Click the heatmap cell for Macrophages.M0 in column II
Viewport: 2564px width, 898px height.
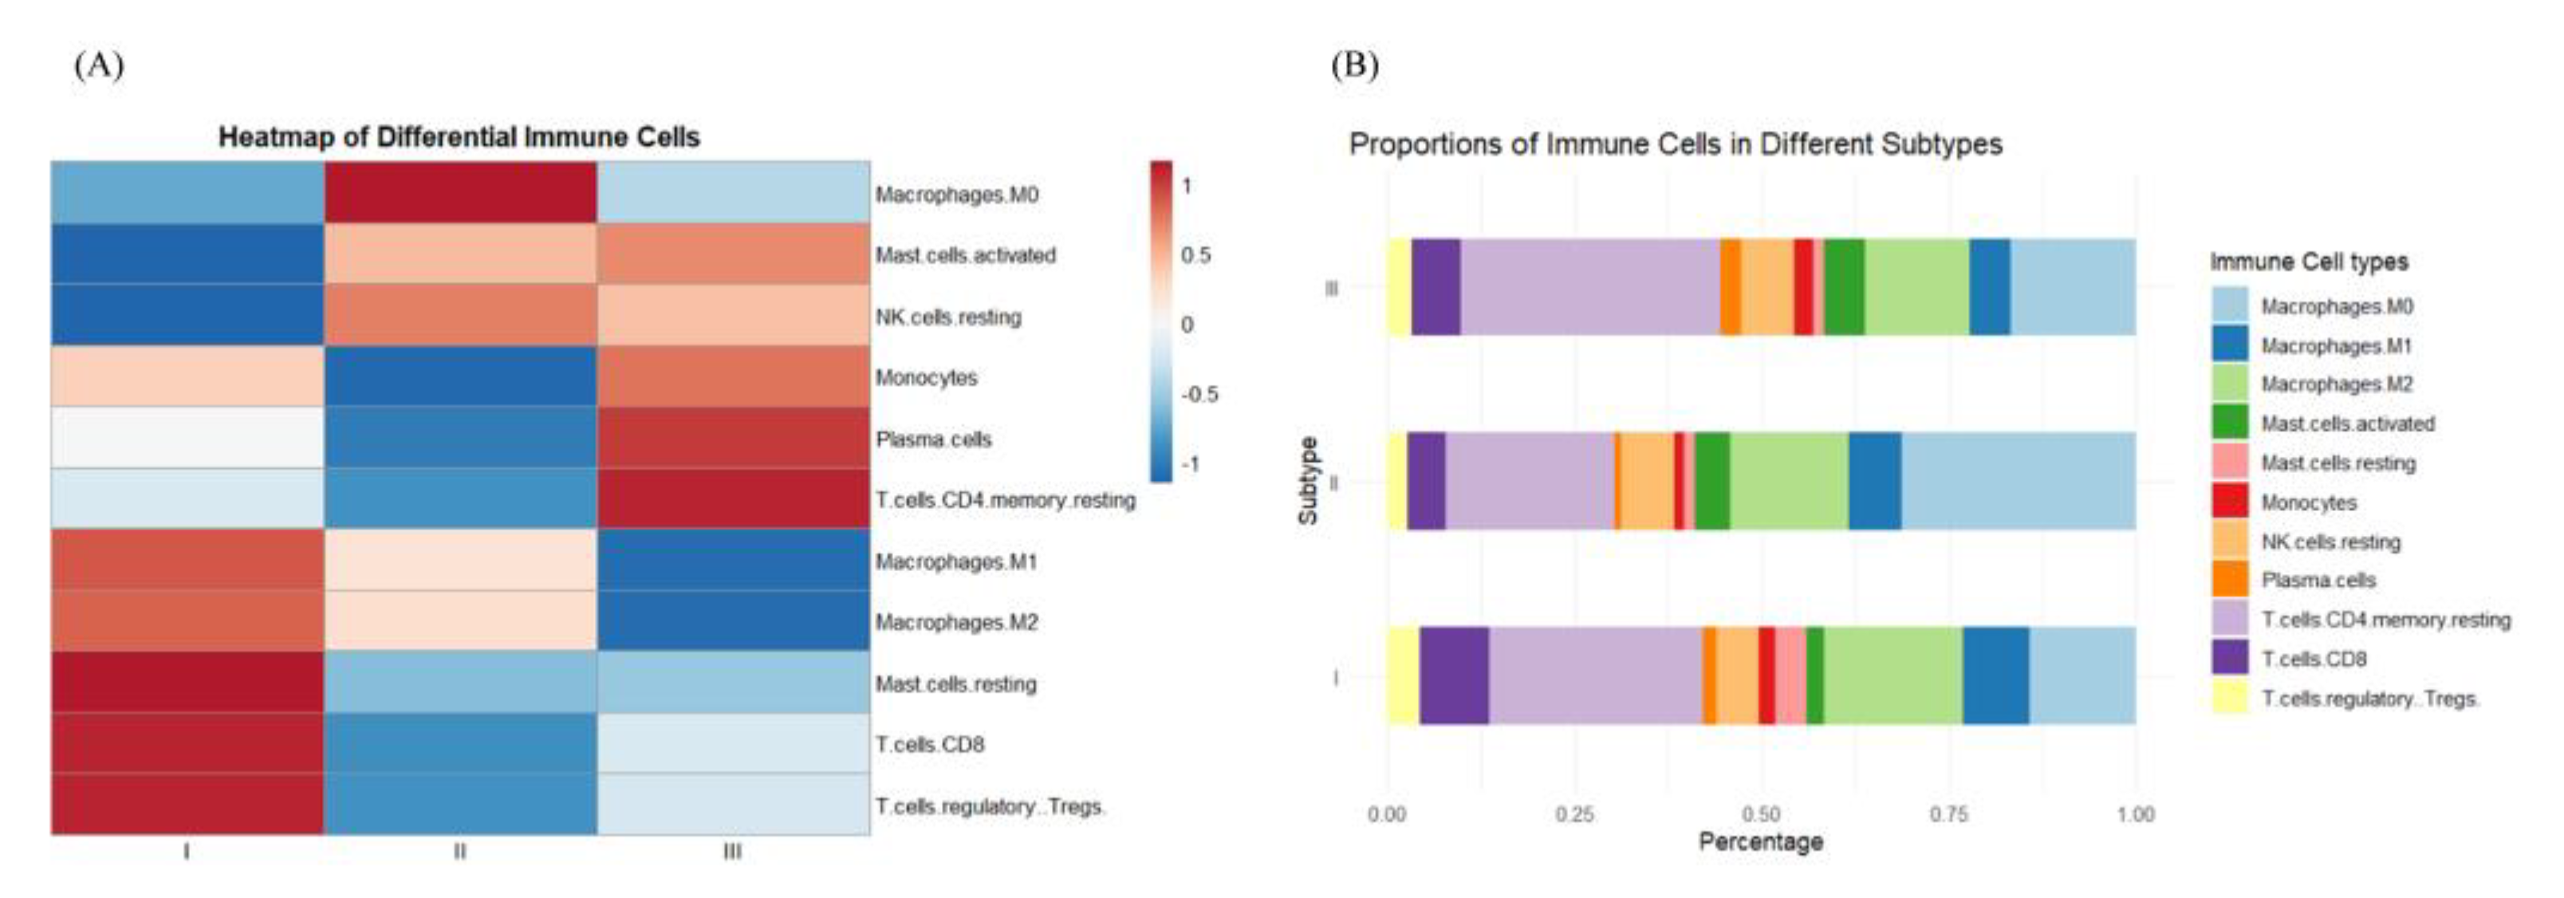pyautogui.click(x=460, y=192)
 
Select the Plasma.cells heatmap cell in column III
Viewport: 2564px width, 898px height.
pyautogui.click(x=734, y=438)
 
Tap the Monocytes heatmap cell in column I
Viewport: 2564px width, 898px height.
pyautogui.click(x=187, y=376)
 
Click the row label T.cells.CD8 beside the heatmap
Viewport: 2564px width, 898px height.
pyautogui.click(x=930, y=745)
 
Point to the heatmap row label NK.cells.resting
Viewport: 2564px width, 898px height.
pyautogui.click(x=947, y=317)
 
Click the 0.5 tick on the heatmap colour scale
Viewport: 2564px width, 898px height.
pyautogui.click(x=1195, y=255)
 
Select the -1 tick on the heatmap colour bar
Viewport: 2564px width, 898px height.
pyautogui.click(x=1191, y=464)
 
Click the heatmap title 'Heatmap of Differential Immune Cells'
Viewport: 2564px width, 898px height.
pyautogui.click(x=459, y=137)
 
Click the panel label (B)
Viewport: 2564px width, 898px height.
pyautogui.click(x=1355, y=65)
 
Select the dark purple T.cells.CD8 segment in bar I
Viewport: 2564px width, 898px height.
pyautogui.click(x=1453, y=675)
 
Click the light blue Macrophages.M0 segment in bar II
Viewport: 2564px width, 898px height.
pyautogui.click(x=2018, y=481)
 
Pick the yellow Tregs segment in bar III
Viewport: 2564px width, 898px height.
pyautogui.click(x=1399, y=287)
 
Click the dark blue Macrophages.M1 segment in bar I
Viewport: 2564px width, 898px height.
pyautogui.click(x=1995, y=675)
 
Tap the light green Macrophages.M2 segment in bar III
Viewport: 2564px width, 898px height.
pyautogui.click(x=1916, y=287)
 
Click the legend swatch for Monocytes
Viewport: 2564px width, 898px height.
pyautogui.click(x=2230, y=501)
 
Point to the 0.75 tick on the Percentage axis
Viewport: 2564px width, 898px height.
pyautogui.click(x=1948, y=814)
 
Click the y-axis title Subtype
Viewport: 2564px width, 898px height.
pyautogui.click(x=1308, y=481)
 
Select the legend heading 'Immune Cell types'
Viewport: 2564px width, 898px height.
pyautogui.click(x=2308, y=262)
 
